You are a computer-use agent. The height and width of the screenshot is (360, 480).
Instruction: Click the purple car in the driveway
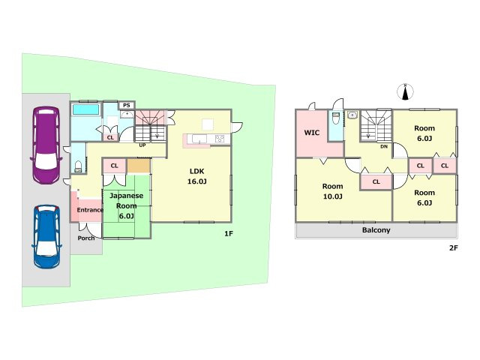click(46, 145)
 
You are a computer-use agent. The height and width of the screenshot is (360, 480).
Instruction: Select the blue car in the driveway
click(46, 236)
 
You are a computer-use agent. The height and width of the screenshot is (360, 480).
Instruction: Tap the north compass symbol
click(405, 91)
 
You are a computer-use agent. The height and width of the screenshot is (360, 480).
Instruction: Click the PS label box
click(127, 105)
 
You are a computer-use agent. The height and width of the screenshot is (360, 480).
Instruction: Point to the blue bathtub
click(85, 109)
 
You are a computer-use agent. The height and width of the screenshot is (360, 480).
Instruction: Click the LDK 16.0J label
click(196, 176)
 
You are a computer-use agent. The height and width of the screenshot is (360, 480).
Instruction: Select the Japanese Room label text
click(126, 200)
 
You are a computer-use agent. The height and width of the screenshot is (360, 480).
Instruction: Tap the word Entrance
click(90, 210)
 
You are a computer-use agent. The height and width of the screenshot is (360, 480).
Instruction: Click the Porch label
click(86, 238)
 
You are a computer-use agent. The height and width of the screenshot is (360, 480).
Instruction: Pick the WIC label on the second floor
click(312, 133)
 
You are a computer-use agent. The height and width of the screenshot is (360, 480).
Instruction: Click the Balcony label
click(376, 230)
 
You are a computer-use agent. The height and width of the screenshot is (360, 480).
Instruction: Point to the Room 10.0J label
click(332, 191)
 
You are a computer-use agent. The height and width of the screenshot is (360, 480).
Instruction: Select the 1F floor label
click(229, 233)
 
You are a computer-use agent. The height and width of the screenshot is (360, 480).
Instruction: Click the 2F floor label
click(453, 248)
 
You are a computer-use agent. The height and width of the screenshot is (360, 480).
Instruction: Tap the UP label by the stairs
click(142, 145)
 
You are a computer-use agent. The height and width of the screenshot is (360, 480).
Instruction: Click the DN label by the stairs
click(384, 147)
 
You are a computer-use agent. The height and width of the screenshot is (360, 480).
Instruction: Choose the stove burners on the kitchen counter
click(220, 139)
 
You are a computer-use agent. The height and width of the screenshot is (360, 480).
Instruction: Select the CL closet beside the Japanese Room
click(115, 166)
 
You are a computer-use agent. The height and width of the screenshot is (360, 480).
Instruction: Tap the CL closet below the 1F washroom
click(110, 138)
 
